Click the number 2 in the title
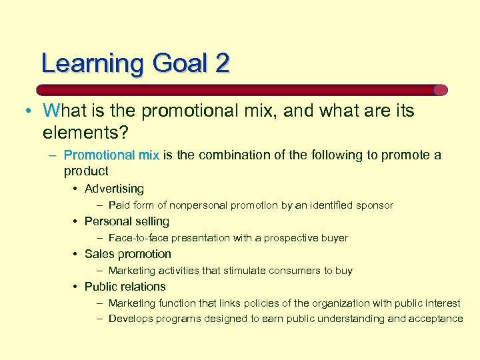pyautogui.click(x=222, y=63)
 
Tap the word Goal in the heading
pyautogui.click(x=179, y=63)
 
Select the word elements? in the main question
pyautogui.click(x=85, y=132)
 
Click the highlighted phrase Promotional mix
pyautogui.click(x=111, y=155)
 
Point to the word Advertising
pyautogui.click(x=114, y=189)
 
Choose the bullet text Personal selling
pyautogui.click(x=127, y=221)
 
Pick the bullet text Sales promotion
pyautogui.click(x=128, y=254)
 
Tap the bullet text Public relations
pyautogui.click(x=125, y=287)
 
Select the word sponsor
pyautogui.click(x=374, y=205)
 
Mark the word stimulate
pyautogui.click(x=245, y=271)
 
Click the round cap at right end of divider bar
pyautogui.click(x=441, y=90)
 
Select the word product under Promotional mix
pyautogui.click(x=86, y=171)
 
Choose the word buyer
pyautogui.click(x=333, y=238)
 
